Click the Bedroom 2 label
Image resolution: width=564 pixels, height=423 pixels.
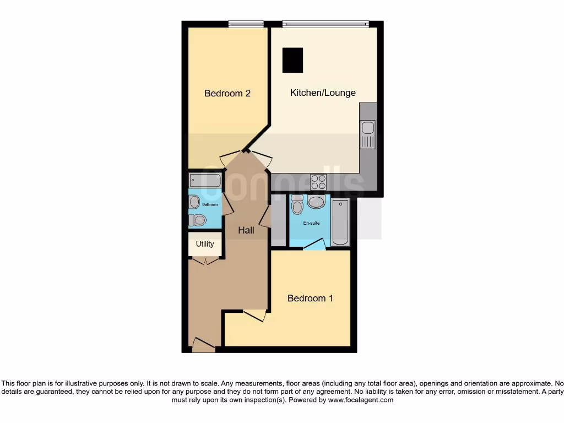(x=227, y=94)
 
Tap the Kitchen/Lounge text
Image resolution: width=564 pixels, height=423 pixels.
(x=323, y=93)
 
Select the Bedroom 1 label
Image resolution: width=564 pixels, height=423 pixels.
(x=310, y=299)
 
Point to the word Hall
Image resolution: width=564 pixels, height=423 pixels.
(x=246, y=230)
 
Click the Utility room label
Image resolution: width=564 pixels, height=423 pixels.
(x=205, y=244)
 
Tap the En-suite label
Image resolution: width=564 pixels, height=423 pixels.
(x=312, y=224)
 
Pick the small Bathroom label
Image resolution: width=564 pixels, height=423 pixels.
(x=210, y=205)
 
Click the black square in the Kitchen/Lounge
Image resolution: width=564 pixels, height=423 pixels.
(x=292, y=60)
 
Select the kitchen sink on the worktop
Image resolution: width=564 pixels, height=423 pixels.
(x=367, y=134)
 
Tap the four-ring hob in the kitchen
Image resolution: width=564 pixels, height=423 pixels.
(x=318, y=182)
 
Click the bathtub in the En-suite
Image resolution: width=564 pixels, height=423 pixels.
(x=341, y=223)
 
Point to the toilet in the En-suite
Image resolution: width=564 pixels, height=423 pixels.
(x=297, y=205)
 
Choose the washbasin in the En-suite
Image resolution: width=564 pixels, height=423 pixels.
(x=316, y=202)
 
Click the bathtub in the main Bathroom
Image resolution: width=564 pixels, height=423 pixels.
(x=205, y=180)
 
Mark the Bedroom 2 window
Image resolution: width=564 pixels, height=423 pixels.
(x=246, y=24)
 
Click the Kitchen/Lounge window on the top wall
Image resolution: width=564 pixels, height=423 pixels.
(x=325, y=24)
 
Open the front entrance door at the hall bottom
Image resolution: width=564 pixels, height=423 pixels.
(x=203, y=346)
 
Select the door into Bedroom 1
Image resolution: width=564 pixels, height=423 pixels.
(x=254, y=316)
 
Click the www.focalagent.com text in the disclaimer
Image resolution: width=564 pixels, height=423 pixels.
(x=361, y=400)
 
